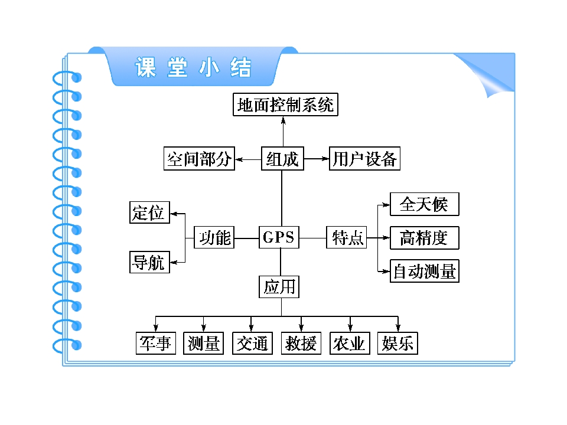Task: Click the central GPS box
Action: [x=279, y=237]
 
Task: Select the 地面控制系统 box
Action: [x=285, y=104]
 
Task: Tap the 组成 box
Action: [x=282, y=158]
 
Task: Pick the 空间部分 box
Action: [x=199, y=158]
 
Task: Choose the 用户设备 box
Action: [x=364, y=158]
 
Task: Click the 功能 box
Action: [x=214, y=237]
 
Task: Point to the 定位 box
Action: [x=149, y=212]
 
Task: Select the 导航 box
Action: [x=149, y=262]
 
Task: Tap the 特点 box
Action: [x=347, y=237]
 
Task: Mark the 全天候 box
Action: [x=425, y=204]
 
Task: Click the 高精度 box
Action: [x=425, y=238]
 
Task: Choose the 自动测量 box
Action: [x=425, y=271]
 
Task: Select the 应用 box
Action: [x=279, y=287]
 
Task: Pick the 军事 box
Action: [x=156, y=343]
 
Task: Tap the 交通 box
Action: [x=252, y=343]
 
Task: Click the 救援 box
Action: [x=301, y=343]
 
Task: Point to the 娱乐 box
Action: [x=397, y=343]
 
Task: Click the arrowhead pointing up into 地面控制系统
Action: [x=283, y=120]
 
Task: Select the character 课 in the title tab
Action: [x=146, y=67]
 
